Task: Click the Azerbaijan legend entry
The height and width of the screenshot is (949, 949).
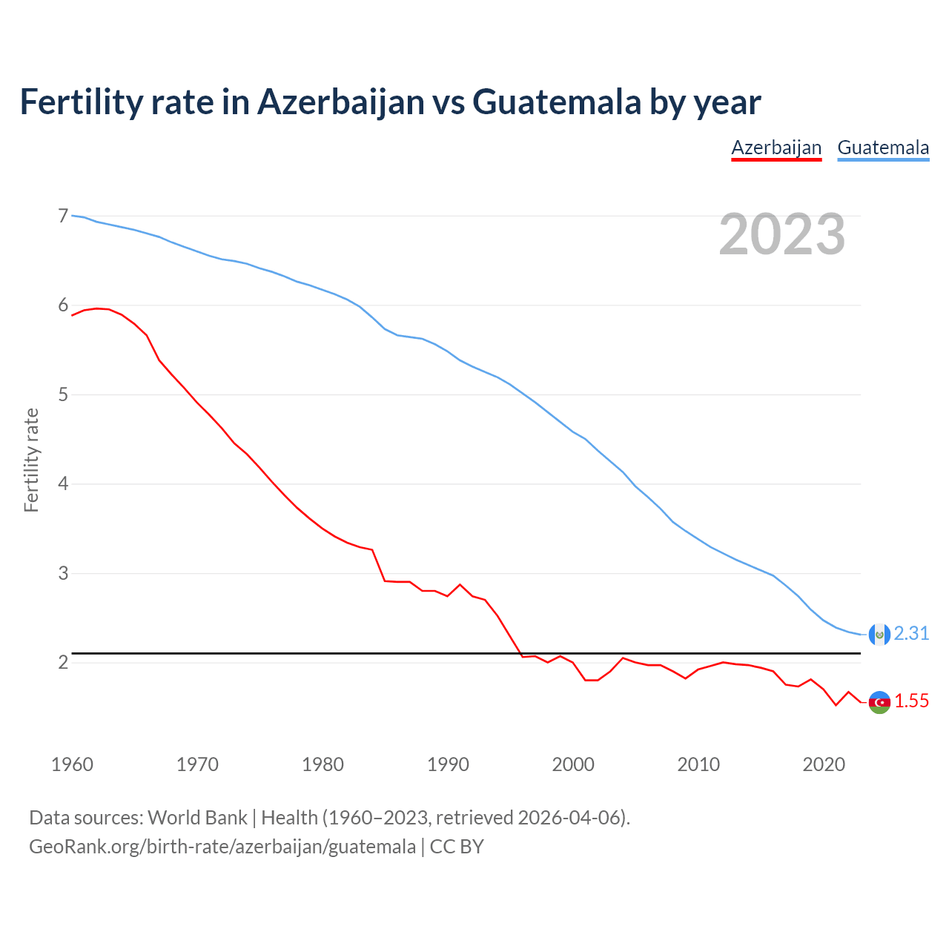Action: click(x=776, y=148)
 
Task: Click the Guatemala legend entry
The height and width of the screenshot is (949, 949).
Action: click(x=883, y=148)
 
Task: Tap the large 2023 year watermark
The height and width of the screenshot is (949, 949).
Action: click(x=782, y=234)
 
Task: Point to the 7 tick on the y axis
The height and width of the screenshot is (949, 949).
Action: click(x=63, y=216)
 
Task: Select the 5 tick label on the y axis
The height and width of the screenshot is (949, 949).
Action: click(x=63, y=394)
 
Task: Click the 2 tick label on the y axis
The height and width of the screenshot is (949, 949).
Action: click(x=63, y=662)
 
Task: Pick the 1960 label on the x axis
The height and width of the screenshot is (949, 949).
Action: click(x=72, y=764)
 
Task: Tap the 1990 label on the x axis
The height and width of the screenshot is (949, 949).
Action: click(x=448, y=764)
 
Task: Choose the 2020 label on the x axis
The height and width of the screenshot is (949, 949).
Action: click(x=824, y=764)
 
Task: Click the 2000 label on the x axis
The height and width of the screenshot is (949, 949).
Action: click(x=573, y=764)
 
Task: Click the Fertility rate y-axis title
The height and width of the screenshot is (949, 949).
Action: click(x=31, y=460)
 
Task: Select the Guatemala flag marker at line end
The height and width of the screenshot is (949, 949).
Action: click(x=879, y=634)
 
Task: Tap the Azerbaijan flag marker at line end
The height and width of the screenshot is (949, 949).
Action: click(x=879, y=702)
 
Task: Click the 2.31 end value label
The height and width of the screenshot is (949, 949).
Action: click(x=911, y=634)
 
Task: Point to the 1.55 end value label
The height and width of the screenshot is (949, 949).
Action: click(x=911, y=701)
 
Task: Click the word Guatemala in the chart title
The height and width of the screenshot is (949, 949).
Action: click(x=557, y=102)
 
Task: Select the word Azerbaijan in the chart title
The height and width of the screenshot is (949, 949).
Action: click(x=340, y=102)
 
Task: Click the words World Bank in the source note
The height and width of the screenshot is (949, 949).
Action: click(x=197, y=818)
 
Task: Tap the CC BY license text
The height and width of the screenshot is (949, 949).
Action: click(x=457, y=847)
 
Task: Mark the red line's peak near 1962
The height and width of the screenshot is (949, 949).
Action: click(x=96, y=308)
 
